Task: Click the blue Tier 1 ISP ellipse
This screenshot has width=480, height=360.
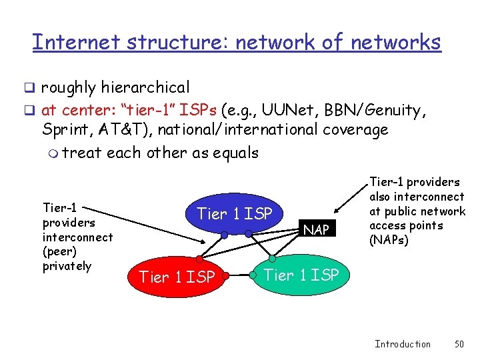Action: (x=235, y=214)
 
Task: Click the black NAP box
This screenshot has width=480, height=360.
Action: (x=316, y=229)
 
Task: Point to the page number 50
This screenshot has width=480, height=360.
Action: (x=458, y=344)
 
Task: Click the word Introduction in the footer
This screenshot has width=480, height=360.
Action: (x=403, y=344)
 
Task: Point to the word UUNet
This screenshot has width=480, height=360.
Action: (x=261, y=108)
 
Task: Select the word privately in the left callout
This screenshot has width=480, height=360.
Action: (x=67, y=266)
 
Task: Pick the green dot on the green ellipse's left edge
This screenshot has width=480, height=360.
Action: (x=253, y=273)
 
